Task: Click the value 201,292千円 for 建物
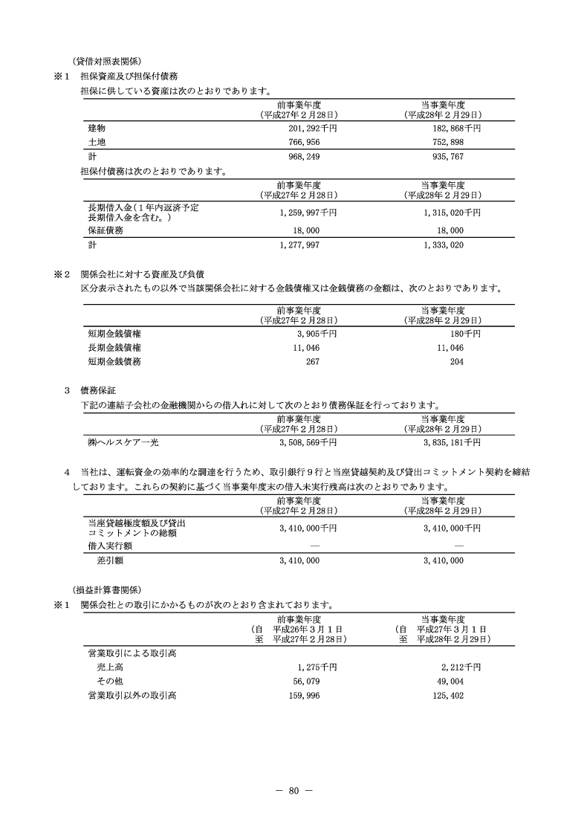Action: [307, 128]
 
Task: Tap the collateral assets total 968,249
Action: [302, 157]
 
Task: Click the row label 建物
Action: [97, 128]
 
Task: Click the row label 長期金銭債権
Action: [114, 347]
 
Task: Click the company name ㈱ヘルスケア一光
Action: [123, 442]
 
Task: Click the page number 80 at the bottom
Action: [293, 790]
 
